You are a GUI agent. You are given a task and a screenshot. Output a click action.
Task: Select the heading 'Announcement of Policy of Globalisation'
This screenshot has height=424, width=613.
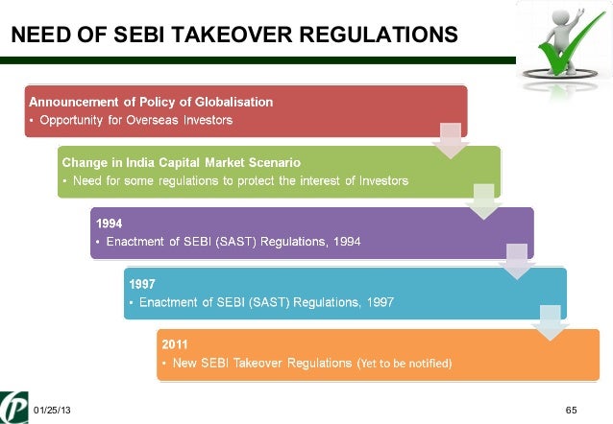[x=152, y=102]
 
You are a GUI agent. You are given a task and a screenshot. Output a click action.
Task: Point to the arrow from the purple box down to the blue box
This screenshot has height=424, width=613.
[x=517, y=263]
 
